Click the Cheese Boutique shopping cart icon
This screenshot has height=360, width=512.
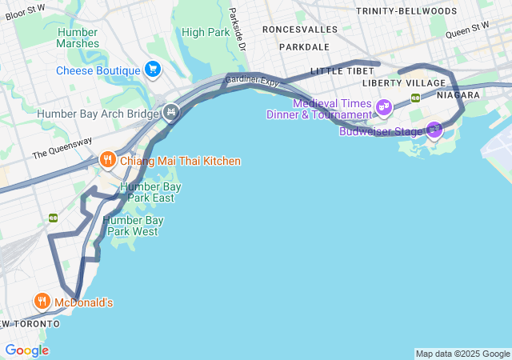point(152,70)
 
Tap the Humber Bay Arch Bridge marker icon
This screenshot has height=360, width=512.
point(170,113)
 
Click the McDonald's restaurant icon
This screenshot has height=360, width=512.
point(42,302)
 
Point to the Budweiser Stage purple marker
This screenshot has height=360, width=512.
point(434,129)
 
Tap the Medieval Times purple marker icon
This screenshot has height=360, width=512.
point(384,106)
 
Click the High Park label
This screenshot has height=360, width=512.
point(205,32)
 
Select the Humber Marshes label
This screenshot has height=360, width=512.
point(78,38)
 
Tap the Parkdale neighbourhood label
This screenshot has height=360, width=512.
point(304,47)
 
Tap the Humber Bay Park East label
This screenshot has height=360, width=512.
point(150,192)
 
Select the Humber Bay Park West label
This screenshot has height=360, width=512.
point(134,226)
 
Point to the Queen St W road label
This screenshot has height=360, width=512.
point(466,30)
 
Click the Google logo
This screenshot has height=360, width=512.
point(26,350)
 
